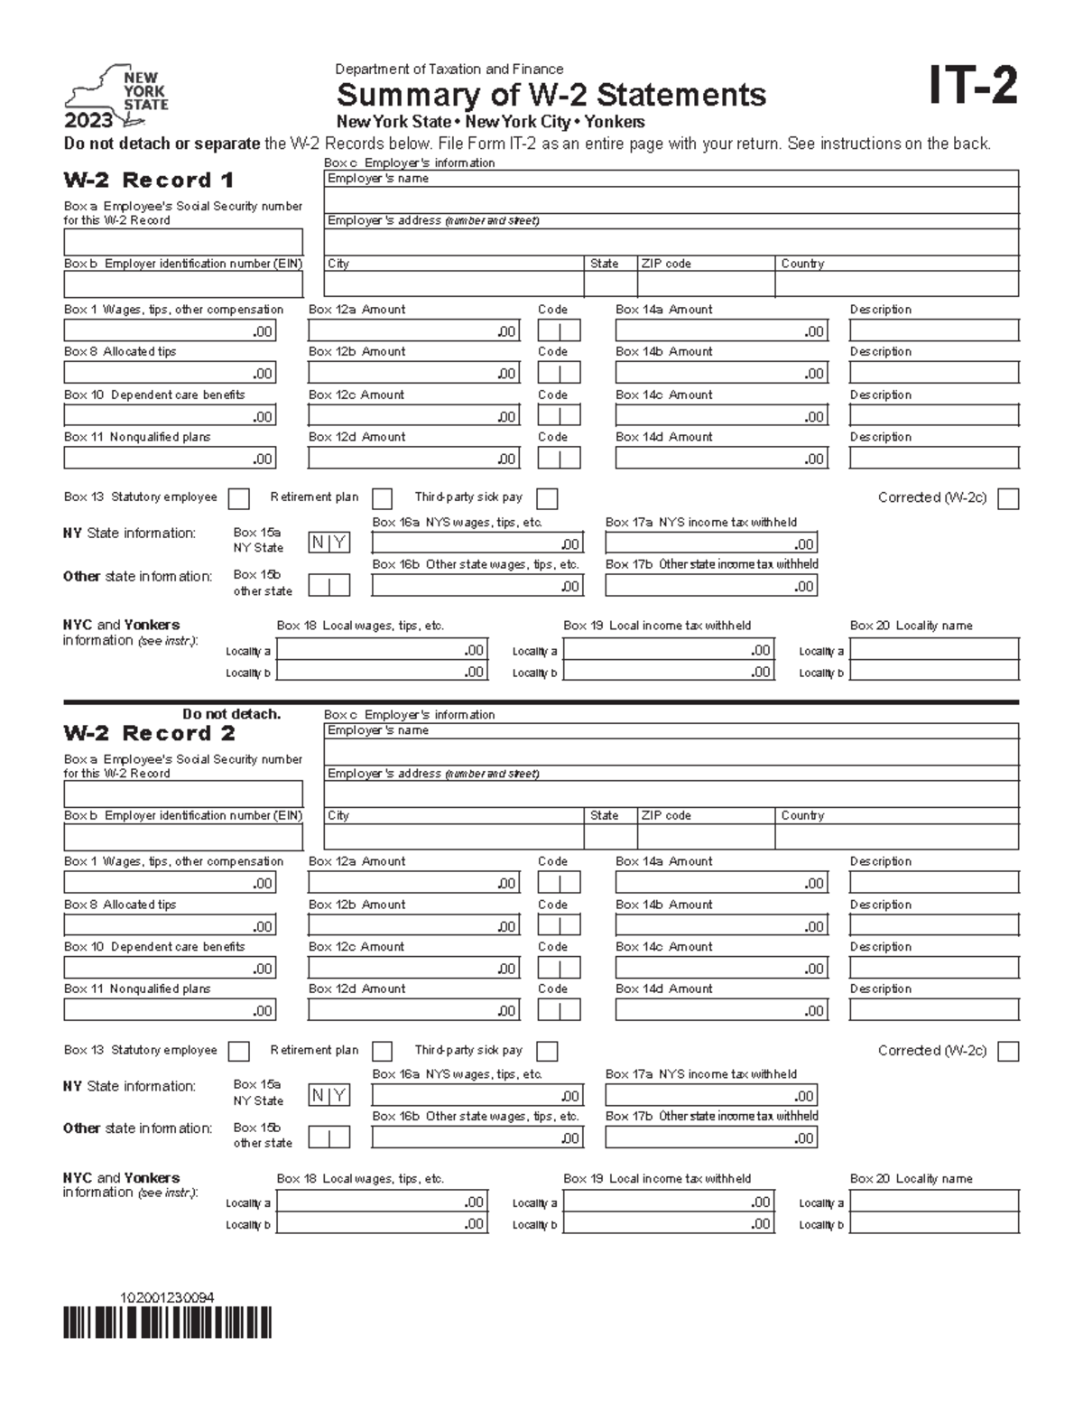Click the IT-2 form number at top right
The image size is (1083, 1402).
coord(973,88)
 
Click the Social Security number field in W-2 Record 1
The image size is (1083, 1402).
coord(182,242)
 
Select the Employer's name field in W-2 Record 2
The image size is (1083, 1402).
coord(671,752)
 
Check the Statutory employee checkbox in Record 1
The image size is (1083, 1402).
coord(239,498)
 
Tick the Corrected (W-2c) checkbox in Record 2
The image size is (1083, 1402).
coord(1009,1052)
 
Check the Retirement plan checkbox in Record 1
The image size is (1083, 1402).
coord(383,498)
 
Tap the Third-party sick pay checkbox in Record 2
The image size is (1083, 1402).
coord(547,1052)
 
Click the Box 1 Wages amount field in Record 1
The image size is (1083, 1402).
coord(169,330)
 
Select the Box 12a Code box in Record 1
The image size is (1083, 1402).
coord(559,330)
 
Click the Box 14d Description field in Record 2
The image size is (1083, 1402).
coord(933,1010)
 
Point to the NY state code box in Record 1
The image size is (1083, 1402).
coord(329,543)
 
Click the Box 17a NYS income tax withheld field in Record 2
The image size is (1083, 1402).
coord(711,1096)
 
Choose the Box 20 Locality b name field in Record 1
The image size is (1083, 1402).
coord(933,672)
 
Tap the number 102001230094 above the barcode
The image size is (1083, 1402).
coord(167,1298)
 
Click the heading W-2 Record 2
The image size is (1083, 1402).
coord(149,733)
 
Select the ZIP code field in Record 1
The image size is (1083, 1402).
coord(706,284)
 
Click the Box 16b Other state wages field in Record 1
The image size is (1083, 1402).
coord(477,586)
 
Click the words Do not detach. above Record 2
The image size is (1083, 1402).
coord(232,714)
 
